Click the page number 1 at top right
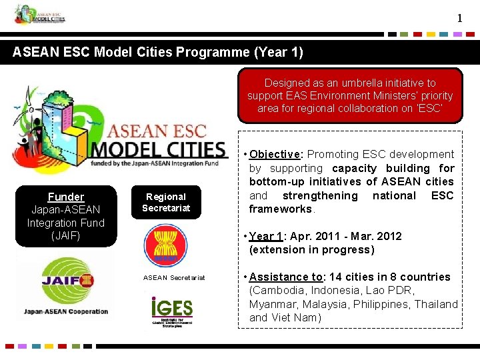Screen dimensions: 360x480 click(x=459, y=18)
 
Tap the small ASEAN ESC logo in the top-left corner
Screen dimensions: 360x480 click(x=40, y=14)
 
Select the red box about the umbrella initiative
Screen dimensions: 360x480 click(x=350, y=95)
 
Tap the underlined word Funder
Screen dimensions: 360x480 click(x=66, y=197)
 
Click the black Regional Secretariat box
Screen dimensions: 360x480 click(x=166, y=202)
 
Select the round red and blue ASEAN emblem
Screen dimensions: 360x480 click(x=165, y=245)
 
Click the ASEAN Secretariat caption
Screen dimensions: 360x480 click(x=174, y=277)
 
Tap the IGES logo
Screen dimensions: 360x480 click(x=171, y=311)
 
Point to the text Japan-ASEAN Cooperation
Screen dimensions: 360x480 click(x=65, y=311)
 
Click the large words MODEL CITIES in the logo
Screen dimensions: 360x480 click(x=159, y=150)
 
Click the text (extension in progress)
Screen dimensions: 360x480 click(x=311, y=249)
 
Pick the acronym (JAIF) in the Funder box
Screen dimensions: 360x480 click(x=66, y=235)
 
